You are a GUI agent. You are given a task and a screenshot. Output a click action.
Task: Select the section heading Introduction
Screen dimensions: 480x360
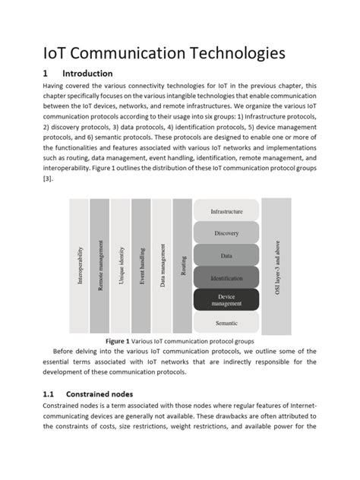(87, 74)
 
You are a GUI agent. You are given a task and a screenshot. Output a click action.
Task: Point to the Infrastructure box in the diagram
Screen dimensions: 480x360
(226, 211)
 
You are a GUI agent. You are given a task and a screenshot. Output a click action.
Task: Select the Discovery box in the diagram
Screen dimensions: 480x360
(226, 233)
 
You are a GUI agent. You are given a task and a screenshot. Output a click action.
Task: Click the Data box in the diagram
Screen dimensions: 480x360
(226, 256)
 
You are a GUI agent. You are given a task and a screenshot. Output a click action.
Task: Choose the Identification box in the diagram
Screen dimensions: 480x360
(226, 278)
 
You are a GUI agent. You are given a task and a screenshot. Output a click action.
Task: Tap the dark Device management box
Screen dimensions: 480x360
(226, 301)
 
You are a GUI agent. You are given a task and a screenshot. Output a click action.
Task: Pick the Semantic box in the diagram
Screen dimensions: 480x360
(226, 324)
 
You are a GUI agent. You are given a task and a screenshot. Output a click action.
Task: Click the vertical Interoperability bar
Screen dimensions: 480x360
(79, 266)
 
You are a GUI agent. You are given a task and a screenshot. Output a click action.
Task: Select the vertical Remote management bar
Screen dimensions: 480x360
(99, 266)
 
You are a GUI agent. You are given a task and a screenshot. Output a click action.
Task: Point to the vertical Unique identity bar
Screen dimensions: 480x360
(120, 266)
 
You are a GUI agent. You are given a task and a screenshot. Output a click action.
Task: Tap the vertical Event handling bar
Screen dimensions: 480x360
(141, 266)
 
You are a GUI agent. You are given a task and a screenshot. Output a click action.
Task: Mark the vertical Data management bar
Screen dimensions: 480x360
(162, 266)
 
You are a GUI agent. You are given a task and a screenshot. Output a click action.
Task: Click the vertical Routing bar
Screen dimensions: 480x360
(182, 266)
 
